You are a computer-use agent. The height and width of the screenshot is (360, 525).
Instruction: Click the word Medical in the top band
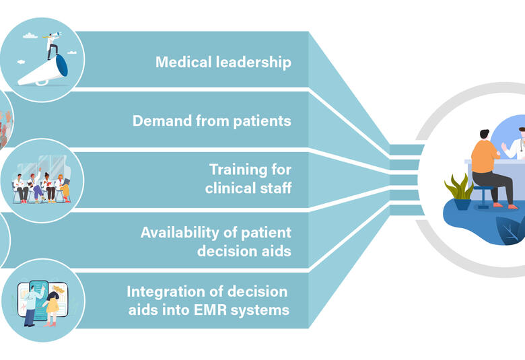click(184, 63)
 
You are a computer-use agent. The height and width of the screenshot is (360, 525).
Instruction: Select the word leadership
click(254, 63)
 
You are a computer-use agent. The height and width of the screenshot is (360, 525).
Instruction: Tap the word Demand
click(162, 120)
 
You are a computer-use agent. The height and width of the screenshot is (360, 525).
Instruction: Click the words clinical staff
click(248, 188)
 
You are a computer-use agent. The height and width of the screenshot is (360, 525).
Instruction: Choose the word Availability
click(180, 233)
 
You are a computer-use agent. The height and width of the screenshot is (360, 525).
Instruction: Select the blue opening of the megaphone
click(62, 65)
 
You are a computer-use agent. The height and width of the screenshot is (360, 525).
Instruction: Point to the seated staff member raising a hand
click(36, 186)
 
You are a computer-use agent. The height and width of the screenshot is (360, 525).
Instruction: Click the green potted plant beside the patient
click(459, 192)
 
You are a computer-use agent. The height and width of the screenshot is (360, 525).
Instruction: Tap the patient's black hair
click(484, 134)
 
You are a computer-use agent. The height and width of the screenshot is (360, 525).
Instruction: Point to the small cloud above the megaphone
click(30, 36)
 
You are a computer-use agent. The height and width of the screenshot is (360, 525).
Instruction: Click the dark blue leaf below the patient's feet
click(510, 229)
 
